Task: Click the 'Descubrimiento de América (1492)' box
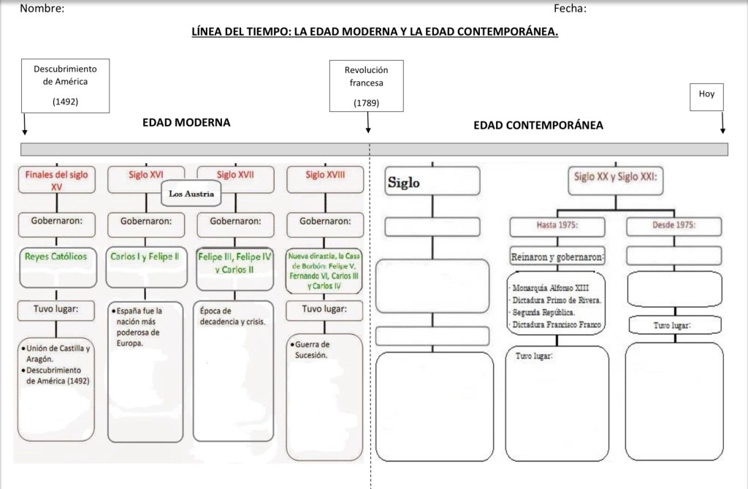pyautogui.click(x=65, y=86)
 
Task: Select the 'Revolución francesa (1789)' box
pyautogui.click(x=366, y=86)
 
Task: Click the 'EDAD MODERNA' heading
pyautogui.click(x=186, y=122)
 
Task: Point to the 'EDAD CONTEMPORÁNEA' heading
pyautogui.click(x=538, y=125)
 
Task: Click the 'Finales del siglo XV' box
pyautogui.click(x=56, y=180)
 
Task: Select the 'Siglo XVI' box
pyautogui.click(x=146, y=175)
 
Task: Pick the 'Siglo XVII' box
pyautogui.click(x=235, y=175)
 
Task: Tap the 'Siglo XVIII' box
pyautogui.click(x=325, y=175)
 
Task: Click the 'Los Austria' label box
pyautogui.click(x=191, y=194)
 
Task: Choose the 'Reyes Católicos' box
pyautogui.click(x=56, y=257)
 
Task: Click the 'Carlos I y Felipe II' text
pyautogui.click(x=145, y=257)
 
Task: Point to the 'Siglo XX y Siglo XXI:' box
pyautogui.click(x=615, y=178)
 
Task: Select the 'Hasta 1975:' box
pyautogui.click(x=557, y=225)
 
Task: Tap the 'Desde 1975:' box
pyautogui.click(x=673, y=225)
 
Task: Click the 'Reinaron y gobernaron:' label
pyautogui.click(x=557, y=257)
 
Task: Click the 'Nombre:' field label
pyautogui.click(x=42, y=9)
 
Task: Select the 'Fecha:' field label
pyautogui.click(x=570, y=9)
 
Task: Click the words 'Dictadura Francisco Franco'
pyautogui.click(x=557, y=325)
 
